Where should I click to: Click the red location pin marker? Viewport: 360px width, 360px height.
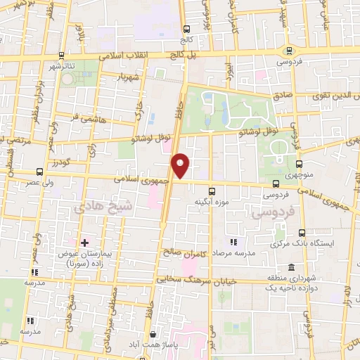[181, 164]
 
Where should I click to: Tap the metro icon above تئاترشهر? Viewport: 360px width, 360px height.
[61, 55]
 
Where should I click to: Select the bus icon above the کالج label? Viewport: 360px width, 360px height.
[186, 30]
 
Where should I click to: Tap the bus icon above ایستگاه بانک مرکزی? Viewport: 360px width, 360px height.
[302, 233]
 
